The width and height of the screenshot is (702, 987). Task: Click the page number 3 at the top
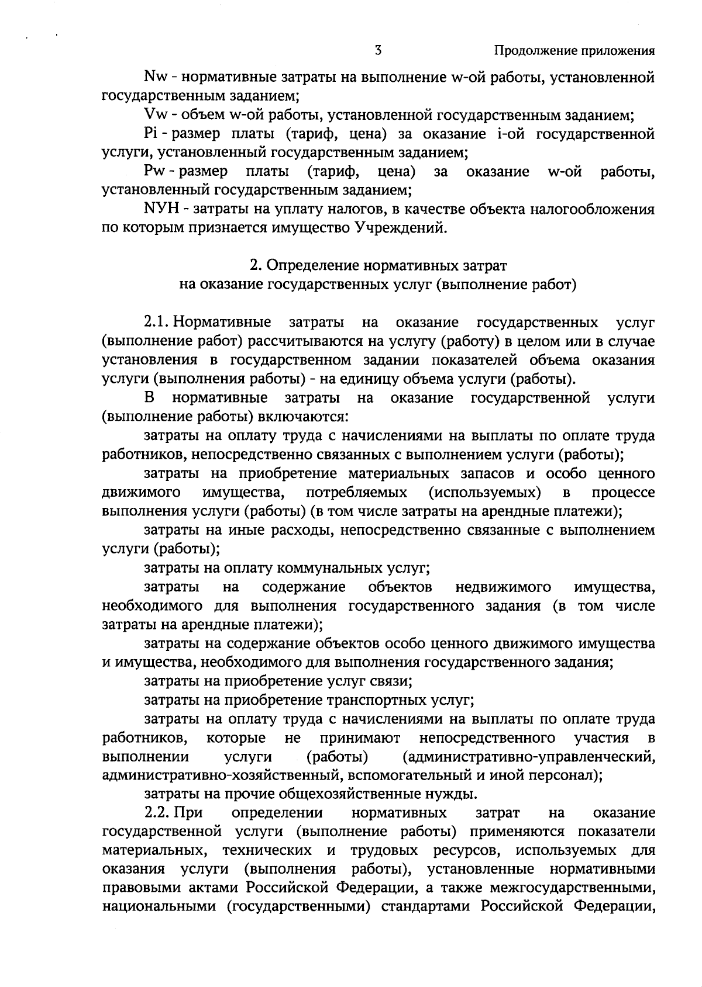378,50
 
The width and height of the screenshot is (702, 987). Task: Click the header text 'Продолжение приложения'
574,51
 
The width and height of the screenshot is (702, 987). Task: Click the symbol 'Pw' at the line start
153,172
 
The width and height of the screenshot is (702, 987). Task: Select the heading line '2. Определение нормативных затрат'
378,266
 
